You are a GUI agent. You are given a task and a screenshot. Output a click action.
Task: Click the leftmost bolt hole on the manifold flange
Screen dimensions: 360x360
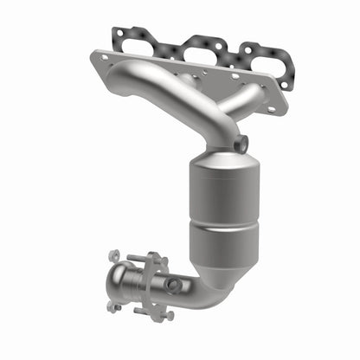(105, 58)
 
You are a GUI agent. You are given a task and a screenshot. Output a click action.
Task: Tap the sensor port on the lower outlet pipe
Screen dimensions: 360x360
(174, 284)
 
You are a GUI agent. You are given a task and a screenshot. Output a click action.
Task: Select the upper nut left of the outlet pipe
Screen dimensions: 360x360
(113, 256)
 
